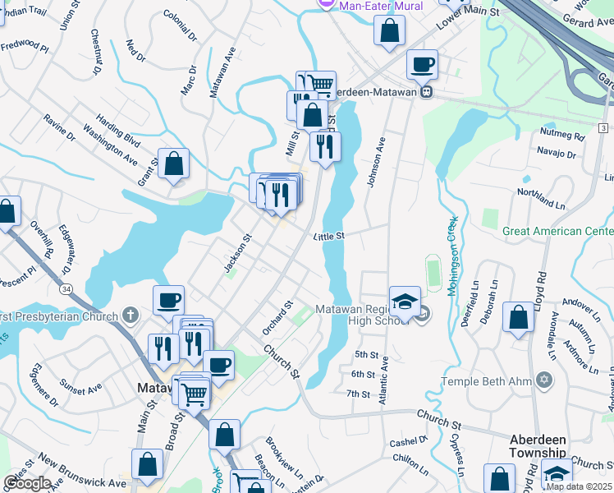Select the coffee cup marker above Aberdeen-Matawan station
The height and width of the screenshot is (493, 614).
click(422, 64)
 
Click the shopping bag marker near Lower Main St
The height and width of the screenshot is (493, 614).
click(390, 31)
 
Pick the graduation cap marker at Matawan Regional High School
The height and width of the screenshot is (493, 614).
click(405, 301)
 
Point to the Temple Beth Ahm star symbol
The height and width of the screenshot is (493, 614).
click(543, 380)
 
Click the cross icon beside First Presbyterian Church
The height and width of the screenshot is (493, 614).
click(130, 316)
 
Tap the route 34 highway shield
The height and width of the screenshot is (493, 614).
click(66, 288)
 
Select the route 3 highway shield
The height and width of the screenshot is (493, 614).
click(603, 128)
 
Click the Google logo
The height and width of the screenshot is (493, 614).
click(26, 482)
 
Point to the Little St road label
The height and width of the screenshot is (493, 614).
click(328, 236)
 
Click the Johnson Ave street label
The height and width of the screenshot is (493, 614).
click(377, 162)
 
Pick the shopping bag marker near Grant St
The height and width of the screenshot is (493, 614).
click(174, 164)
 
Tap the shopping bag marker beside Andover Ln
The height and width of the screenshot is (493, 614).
click(519, 318)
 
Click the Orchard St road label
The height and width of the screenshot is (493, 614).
click(278, 317)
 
